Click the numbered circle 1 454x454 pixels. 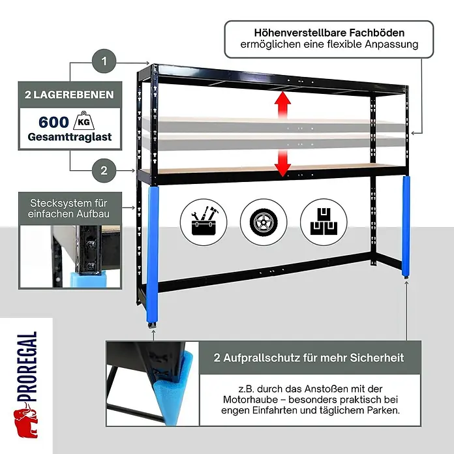104,61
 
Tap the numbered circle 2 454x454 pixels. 104,170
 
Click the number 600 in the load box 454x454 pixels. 53,122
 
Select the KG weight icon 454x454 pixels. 83,121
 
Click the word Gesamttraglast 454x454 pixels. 70,137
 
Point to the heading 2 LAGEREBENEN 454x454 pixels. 69,95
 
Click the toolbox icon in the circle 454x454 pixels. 204,222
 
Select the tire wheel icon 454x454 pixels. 264,222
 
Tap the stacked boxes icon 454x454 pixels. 324,222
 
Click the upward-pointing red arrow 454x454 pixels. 282,104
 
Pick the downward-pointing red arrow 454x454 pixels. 282,163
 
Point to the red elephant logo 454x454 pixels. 26,423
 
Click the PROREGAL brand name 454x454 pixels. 27,367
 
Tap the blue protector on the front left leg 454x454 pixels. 152,256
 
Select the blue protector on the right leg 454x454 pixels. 406,226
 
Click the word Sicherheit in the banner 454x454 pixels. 376,358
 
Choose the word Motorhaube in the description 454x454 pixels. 250,400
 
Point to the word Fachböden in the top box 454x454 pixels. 376,33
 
